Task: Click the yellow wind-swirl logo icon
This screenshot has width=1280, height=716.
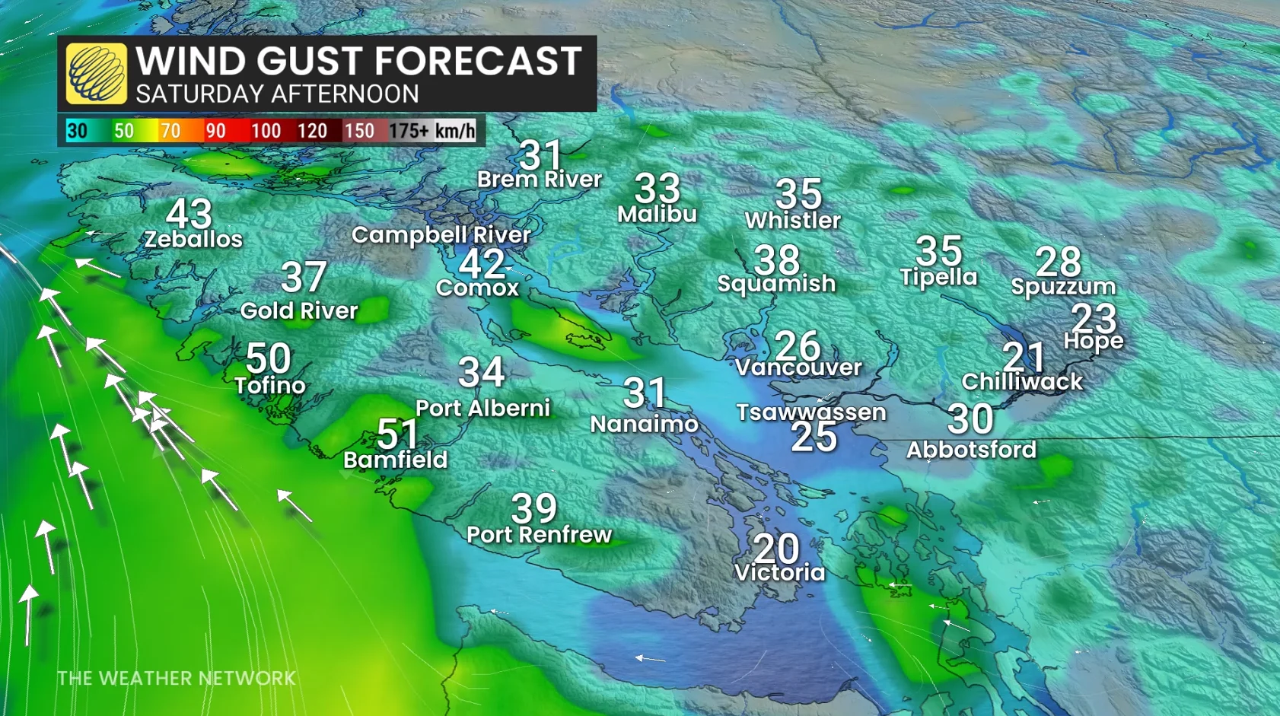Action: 96,73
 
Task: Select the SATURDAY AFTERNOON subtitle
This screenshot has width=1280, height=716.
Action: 277,94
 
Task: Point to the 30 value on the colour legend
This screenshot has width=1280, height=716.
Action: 77,131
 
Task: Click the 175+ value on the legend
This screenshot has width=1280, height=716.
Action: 409,131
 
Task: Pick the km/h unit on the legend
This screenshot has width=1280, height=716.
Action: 455,131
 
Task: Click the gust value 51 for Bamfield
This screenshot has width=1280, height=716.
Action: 397,434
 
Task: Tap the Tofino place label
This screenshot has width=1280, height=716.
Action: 270,386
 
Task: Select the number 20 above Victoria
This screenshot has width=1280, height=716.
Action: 776,548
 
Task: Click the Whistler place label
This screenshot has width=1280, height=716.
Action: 792,221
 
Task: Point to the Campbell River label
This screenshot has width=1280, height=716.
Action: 441,235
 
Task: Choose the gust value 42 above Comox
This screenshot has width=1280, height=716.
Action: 482,264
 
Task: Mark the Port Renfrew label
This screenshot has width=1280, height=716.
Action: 539,535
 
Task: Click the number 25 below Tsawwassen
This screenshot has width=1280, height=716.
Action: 814,437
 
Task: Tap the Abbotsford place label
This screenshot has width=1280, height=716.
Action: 971,450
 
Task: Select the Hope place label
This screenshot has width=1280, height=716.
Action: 1093,341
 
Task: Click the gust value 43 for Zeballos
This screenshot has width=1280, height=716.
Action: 189,214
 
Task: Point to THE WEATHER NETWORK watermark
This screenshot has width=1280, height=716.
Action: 176,678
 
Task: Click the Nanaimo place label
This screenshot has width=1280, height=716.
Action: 644,424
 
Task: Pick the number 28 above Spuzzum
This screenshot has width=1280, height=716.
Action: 1058,262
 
